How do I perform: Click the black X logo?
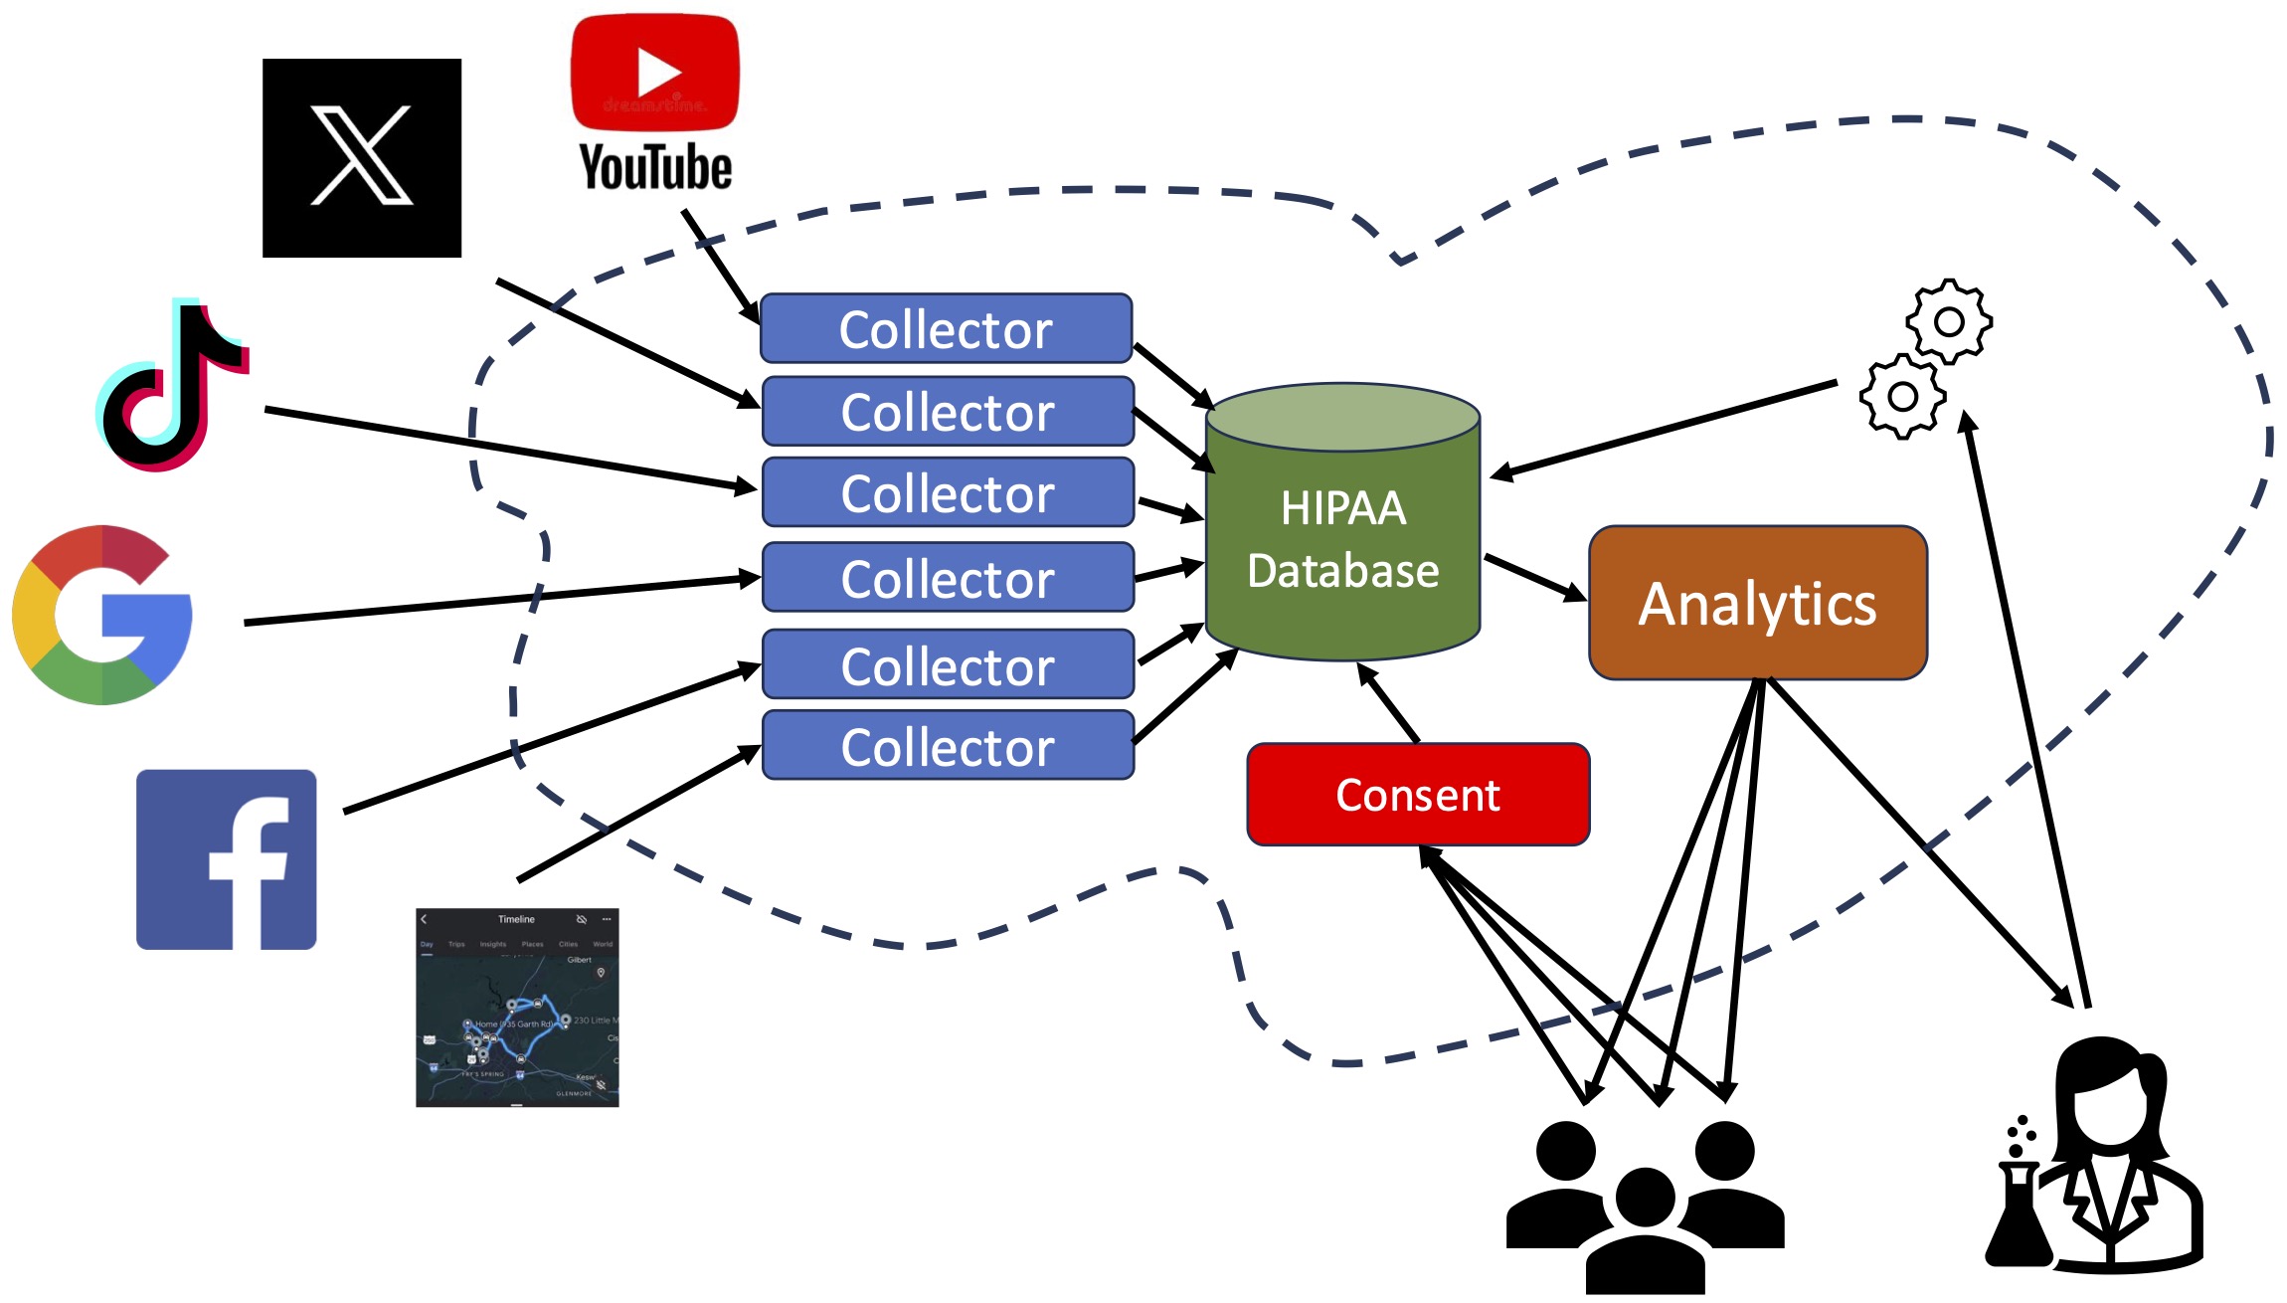coord(362,157)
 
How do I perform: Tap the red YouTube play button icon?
coord(655,72)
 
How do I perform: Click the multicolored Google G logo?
coord(103,615)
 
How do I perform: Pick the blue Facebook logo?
coord(227,859)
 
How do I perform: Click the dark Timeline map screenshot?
coord(517,1007)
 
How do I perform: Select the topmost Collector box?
coord(946,328)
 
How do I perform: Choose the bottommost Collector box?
coord(948,746)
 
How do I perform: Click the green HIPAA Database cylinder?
coord(1342,537)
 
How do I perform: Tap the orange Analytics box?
coord(1758,604)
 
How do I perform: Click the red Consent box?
coord(1418,795)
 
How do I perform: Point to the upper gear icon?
coord(1949,321)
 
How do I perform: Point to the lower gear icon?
coord(1903,397)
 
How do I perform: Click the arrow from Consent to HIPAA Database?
coord(1389,703)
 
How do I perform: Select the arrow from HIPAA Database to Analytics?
coord(1534,578)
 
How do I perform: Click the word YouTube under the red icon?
coord(655,167)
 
